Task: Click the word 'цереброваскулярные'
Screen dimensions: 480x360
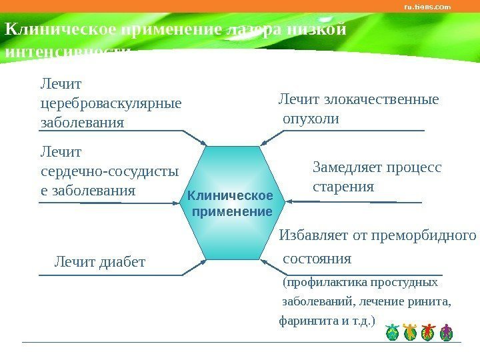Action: [x=111, y=104]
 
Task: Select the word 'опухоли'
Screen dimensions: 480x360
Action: [x=311, y=119]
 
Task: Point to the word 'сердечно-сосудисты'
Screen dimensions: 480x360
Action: [x=109, y=171]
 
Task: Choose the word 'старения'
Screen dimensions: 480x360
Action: [x=343, y=186]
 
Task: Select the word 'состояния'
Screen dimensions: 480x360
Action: [x=317, y=258]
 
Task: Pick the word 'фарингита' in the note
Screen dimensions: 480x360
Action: [x=307, y=321]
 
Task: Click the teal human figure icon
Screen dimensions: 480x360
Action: [x=392, y=331]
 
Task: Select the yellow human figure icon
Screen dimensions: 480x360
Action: [x=410, y=331]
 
